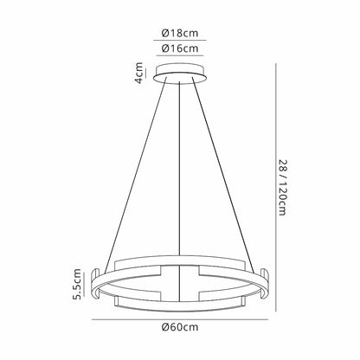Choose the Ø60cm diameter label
coord(180,329)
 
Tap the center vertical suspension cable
coord(180,173)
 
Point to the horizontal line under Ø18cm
coord(180,41)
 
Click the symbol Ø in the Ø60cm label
coord(166,329)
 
